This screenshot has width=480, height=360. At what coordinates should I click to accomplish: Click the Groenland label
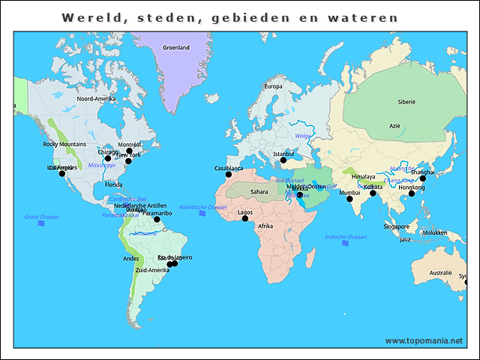pos(176,47)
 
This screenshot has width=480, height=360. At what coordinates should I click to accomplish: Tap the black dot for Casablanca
pos(229,175)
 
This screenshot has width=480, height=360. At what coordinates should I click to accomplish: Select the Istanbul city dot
pos(283,160)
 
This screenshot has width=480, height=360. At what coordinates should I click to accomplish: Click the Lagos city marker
pos(244,218)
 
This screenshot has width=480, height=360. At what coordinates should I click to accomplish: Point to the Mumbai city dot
pos(349,199)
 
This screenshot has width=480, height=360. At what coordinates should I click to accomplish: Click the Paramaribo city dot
pos(157,219)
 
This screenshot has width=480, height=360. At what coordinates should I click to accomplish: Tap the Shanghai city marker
pos(422,178)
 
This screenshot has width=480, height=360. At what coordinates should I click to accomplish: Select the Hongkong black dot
pos(411,193)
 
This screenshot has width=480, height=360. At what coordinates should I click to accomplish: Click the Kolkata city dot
pos(373,193)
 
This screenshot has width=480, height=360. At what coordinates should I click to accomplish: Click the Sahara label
pos(259,192)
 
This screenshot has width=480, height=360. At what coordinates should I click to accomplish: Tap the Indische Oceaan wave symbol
pos(345,244)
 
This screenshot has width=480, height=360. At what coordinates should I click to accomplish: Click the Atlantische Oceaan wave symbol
pos(202,214)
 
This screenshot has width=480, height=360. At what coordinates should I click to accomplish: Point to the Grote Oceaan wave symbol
pos(42,223)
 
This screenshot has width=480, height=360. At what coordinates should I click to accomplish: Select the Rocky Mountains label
pos(64,144)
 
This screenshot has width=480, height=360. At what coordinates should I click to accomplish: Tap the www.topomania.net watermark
pos(424,340)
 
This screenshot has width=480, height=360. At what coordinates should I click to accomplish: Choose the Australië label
pos(440,273)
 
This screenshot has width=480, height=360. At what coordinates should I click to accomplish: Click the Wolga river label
pos(302,136)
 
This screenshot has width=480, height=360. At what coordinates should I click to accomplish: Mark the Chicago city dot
pos(107,158)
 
